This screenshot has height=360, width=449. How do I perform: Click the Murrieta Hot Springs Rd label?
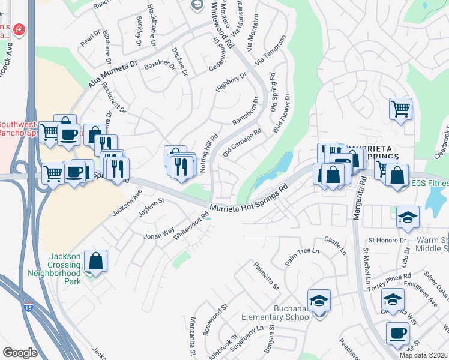[250, 199]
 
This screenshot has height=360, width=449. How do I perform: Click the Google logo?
[20, 353]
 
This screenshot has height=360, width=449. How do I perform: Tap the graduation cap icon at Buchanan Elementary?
[319, 299]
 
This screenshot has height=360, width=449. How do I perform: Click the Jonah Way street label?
[158, 233]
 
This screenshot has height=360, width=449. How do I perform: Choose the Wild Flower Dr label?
[281, 112]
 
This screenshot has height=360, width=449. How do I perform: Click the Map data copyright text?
[424, 355]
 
